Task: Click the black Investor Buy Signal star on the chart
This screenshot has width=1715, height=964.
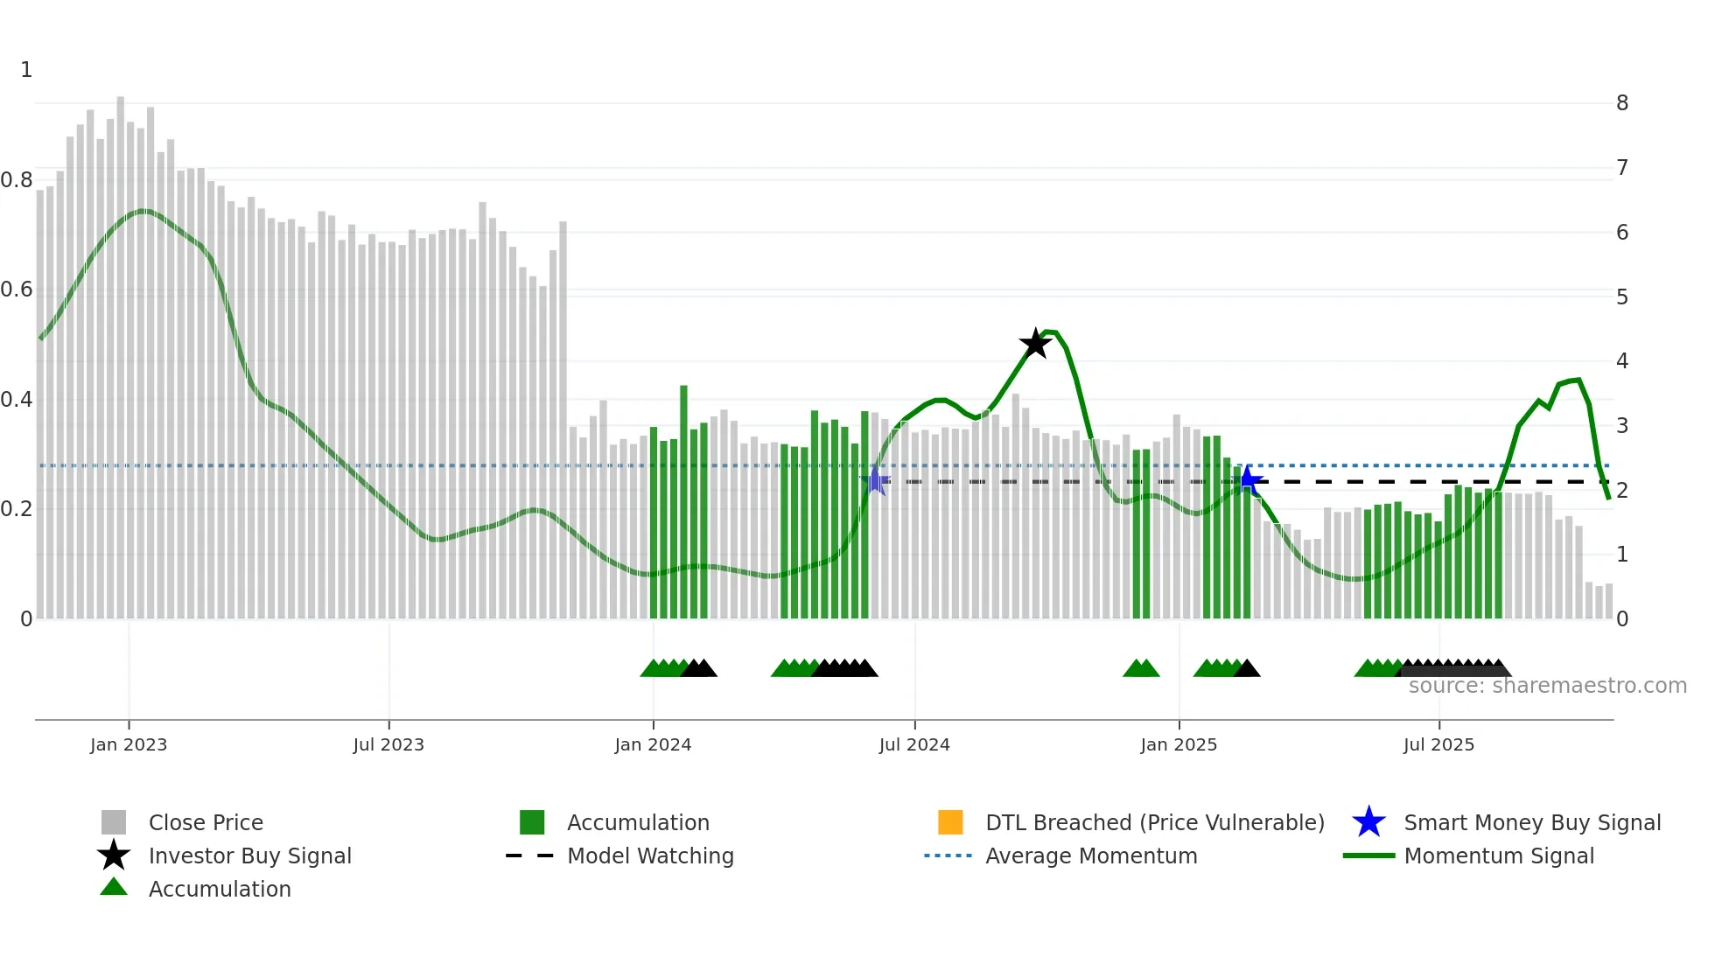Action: (1035, 344)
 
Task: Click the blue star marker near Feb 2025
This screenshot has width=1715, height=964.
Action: (1249, 480)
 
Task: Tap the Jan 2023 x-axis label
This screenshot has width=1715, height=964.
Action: (129, 744)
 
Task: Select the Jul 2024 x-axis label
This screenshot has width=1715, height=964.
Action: (914, 744)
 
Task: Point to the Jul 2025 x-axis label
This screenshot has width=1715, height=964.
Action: (1438, 744)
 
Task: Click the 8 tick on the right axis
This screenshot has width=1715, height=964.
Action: (1622, 103)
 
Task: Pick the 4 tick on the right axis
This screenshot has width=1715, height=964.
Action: (1622, 361)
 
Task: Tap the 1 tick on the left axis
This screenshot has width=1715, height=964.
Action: (26, 70)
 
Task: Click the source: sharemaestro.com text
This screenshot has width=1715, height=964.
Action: (1547, 686)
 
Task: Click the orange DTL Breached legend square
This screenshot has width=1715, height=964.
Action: (950, 822)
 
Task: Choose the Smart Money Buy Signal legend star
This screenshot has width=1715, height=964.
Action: (1368, 822)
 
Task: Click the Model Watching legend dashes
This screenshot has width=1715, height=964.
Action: (529, 856)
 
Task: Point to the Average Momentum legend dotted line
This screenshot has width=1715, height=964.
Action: (948, 856)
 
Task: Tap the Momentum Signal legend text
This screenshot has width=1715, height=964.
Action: (1499, 856)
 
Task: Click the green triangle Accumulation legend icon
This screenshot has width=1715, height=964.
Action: (114, 888)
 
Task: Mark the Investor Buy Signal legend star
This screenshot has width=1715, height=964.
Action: (114, 856)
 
